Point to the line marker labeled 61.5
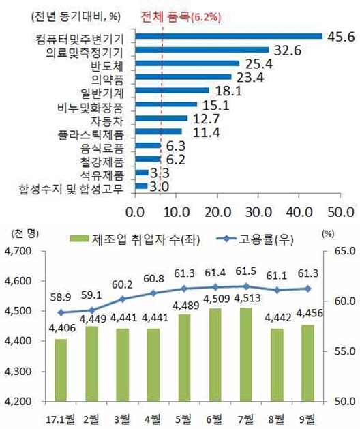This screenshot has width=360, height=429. (244, 286)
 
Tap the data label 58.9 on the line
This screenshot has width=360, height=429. (61, 312)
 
